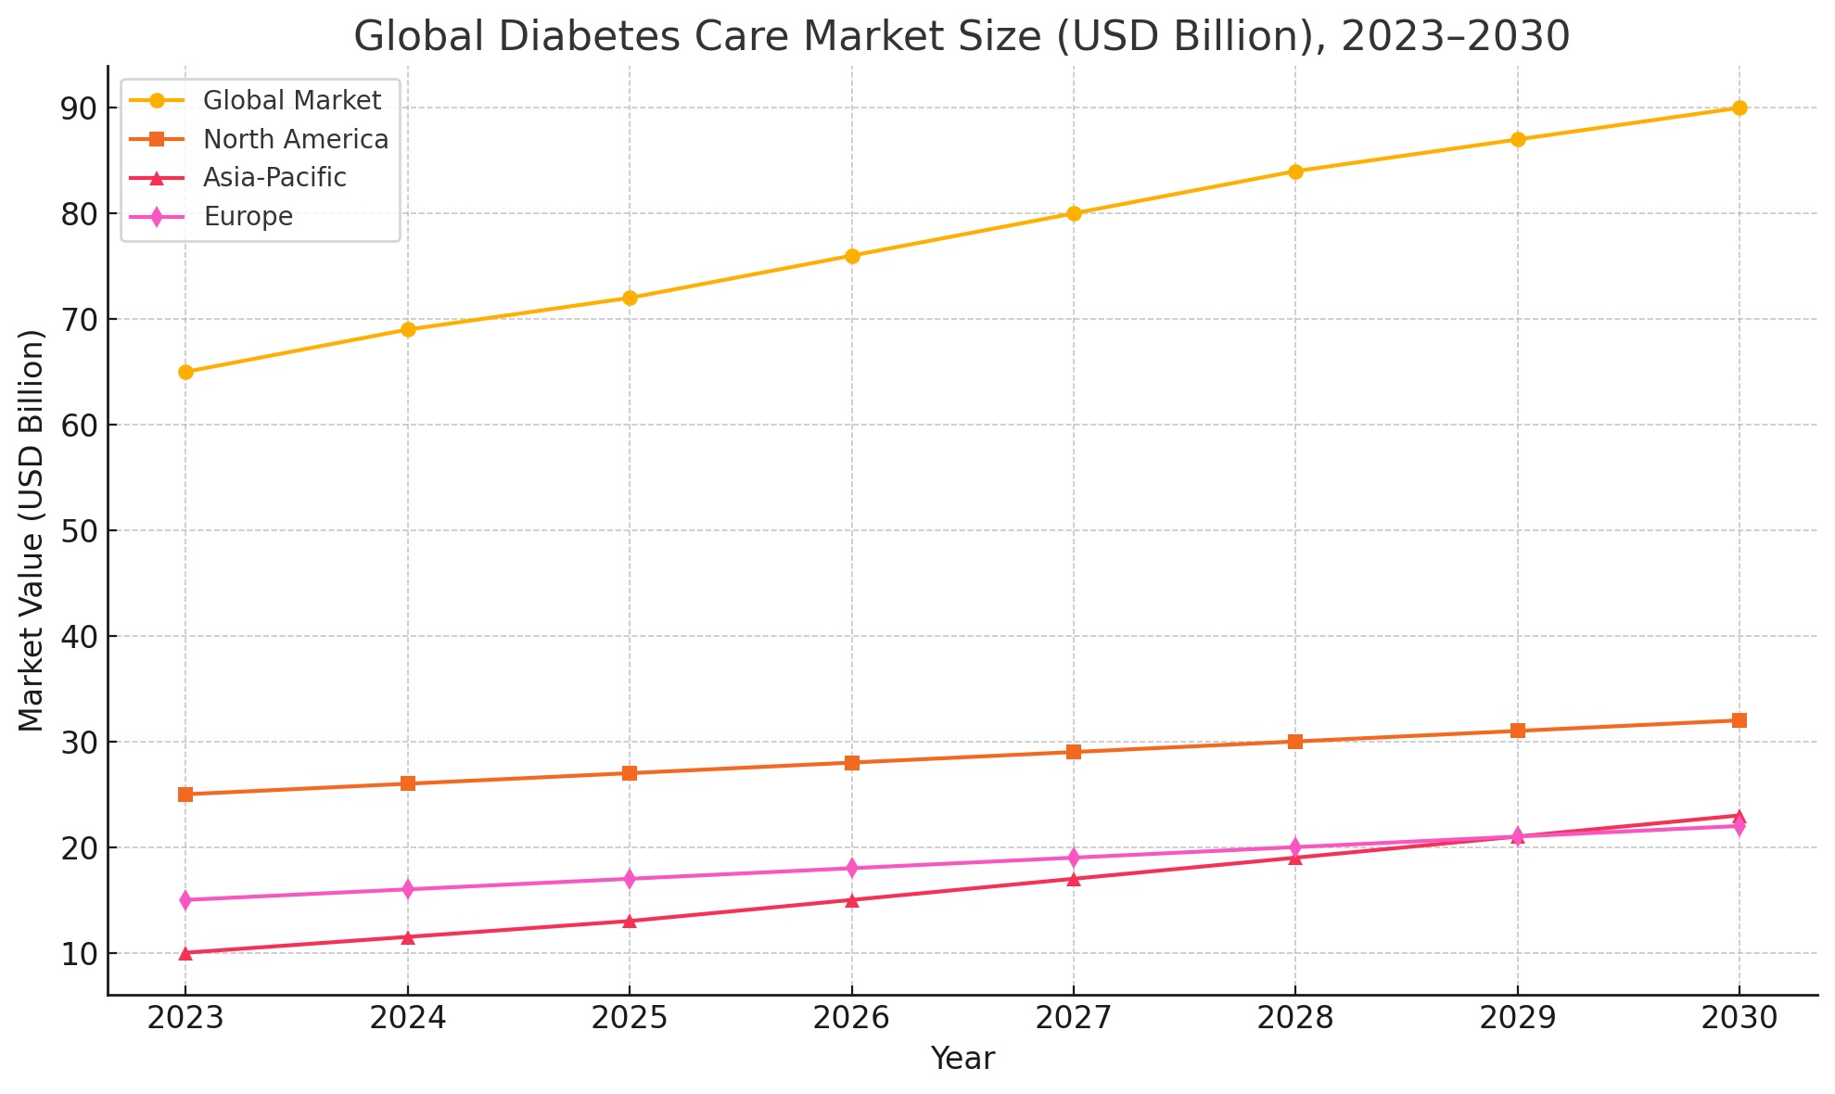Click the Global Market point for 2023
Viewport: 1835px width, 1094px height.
click(x=185, y=372)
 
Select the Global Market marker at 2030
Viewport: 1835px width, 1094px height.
click(x=1739, y=108)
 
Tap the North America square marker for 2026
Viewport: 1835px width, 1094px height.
click(x=852, y=763)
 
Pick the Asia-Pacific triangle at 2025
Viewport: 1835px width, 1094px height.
click(x=630, y=922)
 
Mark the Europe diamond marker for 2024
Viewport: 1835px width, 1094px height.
click(x=407, y=889)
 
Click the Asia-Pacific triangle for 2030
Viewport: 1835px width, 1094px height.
click(x=1739, y=817)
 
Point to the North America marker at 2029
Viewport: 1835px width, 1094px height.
click(x=1518, y=731)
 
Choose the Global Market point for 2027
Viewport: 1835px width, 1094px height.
click(x=1074, y=213)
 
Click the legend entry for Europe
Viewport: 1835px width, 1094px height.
click(x=248, y=217)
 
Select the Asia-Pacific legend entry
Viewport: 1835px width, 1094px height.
click(x=274, y=177)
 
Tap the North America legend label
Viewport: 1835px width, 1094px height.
click(x=296, y=139)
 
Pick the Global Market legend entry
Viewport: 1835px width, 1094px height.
click(x=292, y=99)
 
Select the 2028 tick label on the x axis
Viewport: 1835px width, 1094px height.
click(x=1295, y=1019)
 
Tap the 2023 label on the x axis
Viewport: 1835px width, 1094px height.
click(x=185, y=1019)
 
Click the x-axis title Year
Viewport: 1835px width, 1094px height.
click(x=962, y=1059)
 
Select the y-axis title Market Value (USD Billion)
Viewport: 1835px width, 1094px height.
click(x=32, y=530)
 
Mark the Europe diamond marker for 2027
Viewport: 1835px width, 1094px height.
click(x=1074, y=858)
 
